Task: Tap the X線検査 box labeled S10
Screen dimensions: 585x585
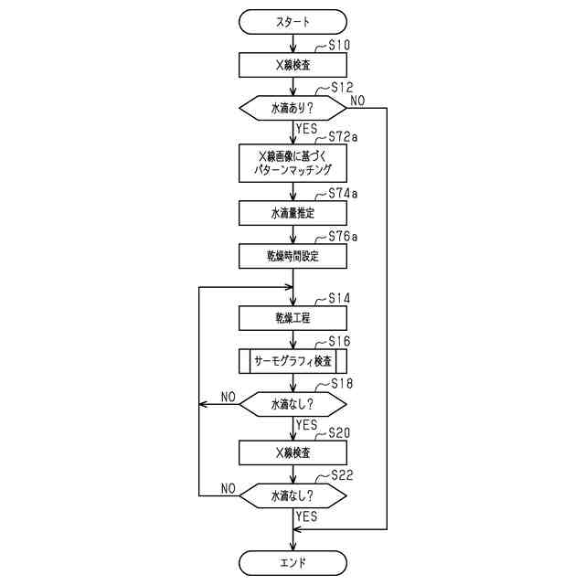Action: point(292,65)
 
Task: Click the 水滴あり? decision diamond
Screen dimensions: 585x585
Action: point(292,108)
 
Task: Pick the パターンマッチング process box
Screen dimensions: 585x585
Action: point(292,163)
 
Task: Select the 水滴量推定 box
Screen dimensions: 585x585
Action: point(292,213)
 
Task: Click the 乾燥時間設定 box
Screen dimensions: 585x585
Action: point(292,257)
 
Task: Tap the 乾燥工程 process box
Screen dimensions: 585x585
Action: point(292,317)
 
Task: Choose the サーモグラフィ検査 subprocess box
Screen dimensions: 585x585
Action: point(292,360)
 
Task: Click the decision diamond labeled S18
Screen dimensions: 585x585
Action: point(292,402)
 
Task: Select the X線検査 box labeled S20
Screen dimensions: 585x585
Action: point(292,452)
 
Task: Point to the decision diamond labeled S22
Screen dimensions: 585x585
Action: point(292,495)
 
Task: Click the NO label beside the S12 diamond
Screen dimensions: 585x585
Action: point(359,100)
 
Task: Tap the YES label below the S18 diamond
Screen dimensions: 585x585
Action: point(307,425)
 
